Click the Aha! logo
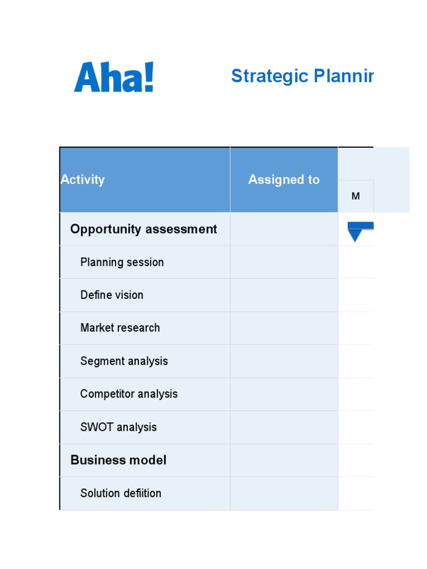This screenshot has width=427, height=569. point(113,77)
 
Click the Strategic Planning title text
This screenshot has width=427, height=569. point(302,76)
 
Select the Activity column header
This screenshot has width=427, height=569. point(82,179)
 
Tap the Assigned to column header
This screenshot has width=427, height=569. point(284,179)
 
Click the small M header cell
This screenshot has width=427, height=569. point(356,196)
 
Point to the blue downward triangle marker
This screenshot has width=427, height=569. point(355,234)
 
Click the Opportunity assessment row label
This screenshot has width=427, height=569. point(143,229)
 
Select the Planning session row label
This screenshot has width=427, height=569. point(122,262)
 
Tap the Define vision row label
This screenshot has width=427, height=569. point(112,295)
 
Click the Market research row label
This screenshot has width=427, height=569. point(120,328)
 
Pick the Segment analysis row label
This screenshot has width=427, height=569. point(124,361)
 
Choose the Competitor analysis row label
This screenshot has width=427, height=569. point(129,394)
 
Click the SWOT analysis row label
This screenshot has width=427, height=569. point(118,427)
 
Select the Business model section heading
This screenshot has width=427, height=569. point(118,460)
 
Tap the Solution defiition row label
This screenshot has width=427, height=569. point(121,493)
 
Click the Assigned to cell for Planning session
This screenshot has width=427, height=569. point(284,262)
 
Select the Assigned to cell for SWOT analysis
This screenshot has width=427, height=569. point(284,427)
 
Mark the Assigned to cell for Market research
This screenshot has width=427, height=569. point(284,328)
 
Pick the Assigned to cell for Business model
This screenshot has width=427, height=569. point(284,460)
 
